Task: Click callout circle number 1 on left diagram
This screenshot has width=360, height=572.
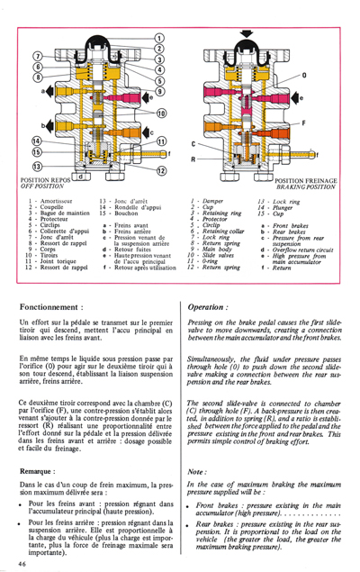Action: (x=159, y=36)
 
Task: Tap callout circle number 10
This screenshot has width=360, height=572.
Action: (x=161, y=113)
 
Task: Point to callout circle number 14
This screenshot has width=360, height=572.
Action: (x=36, y=141)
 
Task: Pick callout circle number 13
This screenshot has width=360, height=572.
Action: (x=36, y=168)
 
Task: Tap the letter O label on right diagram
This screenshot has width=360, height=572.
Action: (x=303, y=76)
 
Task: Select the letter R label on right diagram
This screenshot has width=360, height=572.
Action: (x=193, y=159)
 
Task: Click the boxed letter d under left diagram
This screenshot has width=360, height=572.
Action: (x=82, y=177)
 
